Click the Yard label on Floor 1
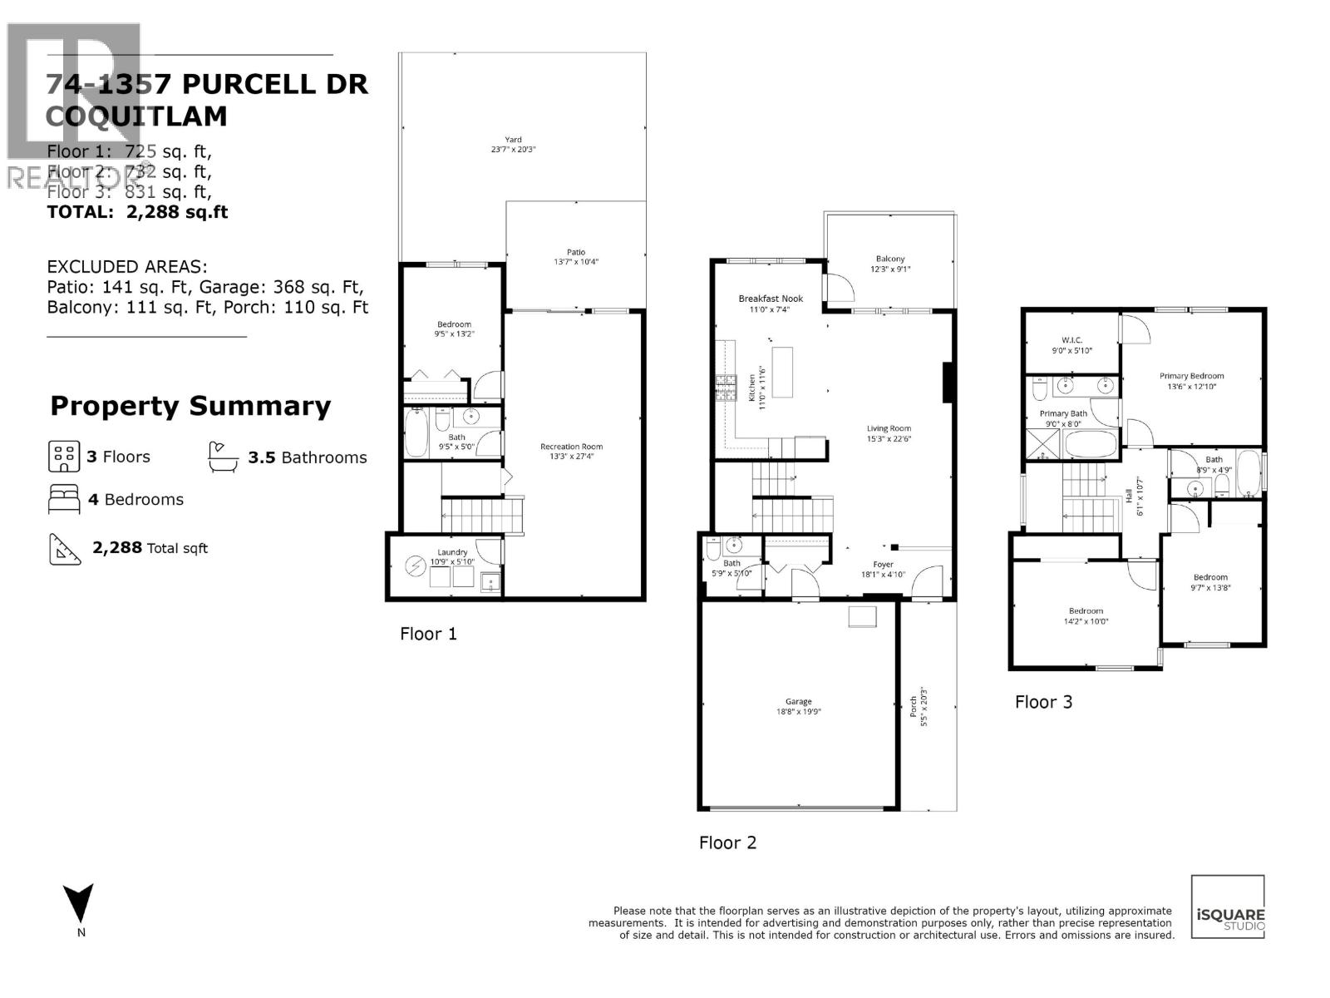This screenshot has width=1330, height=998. coord(513,145)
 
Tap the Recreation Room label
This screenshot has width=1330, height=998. coord(571,451)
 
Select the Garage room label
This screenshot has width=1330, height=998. coord(798,706)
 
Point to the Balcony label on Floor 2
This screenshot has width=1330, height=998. coord(889,264)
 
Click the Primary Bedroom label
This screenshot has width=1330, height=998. coord(1191,380)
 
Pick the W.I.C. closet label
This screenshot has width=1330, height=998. coord(1071,345)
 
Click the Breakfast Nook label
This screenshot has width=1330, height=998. coord(771,303)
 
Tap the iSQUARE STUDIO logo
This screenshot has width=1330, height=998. coord(1228,907)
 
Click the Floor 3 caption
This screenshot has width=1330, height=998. coord(1043,702)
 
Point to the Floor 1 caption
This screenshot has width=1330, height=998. coord(428,634)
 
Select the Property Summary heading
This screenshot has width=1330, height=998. coord(190,406)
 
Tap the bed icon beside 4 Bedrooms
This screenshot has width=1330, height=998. coord(64,499)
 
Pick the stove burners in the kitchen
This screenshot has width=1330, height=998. coord(727,388)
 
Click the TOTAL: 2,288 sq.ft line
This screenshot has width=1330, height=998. coord(137,211)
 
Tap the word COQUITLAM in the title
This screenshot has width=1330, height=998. coord(136,116)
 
